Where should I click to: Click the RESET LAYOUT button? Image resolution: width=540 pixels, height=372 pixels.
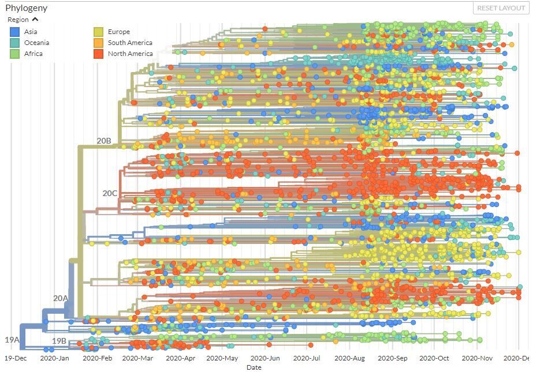click(501, 8)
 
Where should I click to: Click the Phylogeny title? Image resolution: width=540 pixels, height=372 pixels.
click(27, 8)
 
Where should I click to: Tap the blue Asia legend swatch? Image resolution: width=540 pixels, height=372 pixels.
click(14, 32)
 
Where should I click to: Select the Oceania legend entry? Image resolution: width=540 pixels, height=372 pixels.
click(36, 43)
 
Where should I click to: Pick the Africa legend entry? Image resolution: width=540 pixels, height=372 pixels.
click(33, 54)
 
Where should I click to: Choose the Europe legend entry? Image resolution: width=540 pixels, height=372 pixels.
click(118, 32)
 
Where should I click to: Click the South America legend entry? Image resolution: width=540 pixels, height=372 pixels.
click(129, 43)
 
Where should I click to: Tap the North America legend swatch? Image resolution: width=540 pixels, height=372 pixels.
click(99, 54)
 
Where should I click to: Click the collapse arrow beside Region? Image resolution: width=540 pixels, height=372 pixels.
click(35, 20)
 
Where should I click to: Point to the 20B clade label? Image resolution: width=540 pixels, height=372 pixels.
click(104, 141)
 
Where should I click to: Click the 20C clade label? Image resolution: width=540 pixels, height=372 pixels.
click(110, 193)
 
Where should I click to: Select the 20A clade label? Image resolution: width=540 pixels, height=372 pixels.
click(61, 298)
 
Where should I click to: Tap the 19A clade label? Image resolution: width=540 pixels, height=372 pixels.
click(12, 340)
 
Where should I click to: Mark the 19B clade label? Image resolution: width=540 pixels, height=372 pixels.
click(59, 341)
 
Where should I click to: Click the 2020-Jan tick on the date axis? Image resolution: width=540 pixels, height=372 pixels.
click(54, 358)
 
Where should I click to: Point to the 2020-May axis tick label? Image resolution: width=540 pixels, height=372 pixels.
click(222, 358)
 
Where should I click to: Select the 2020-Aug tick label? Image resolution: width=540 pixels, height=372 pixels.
click(349, 358)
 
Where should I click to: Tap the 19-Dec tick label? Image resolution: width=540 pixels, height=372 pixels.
click(16, 358)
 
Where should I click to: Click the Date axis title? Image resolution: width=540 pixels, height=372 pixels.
click(254, 367)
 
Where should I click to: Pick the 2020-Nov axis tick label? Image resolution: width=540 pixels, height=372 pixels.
click(477, 358)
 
